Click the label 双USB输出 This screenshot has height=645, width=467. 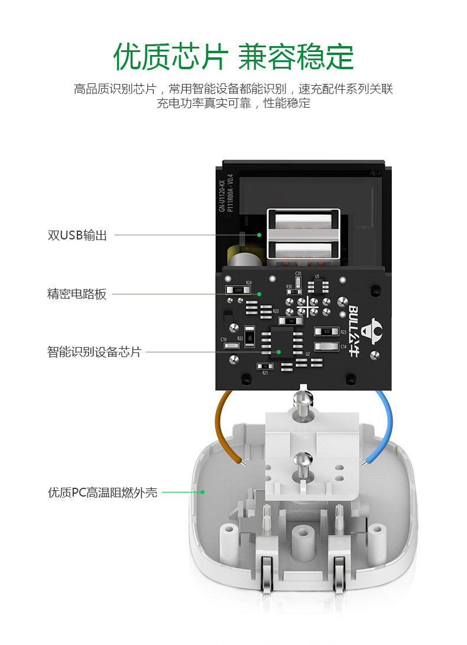[x=77, y=235]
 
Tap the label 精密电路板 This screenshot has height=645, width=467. [x=77, y=294]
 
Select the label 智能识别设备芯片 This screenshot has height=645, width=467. [x=94, y=352]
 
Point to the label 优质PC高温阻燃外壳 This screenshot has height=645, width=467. [x=102, y=492]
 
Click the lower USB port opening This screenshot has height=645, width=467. [x=303, y=251]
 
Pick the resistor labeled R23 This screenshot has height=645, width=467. [x=326, y=332]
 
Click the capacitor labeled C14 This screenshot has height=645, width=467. [x=326, y=346]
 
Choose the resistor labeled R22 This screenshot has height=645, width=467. [x=249, y=337]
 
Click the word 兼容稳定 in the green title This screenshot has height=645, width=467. [x=296, y=57]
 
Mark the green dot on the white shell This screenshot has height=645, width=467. [x=202, y=491]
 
